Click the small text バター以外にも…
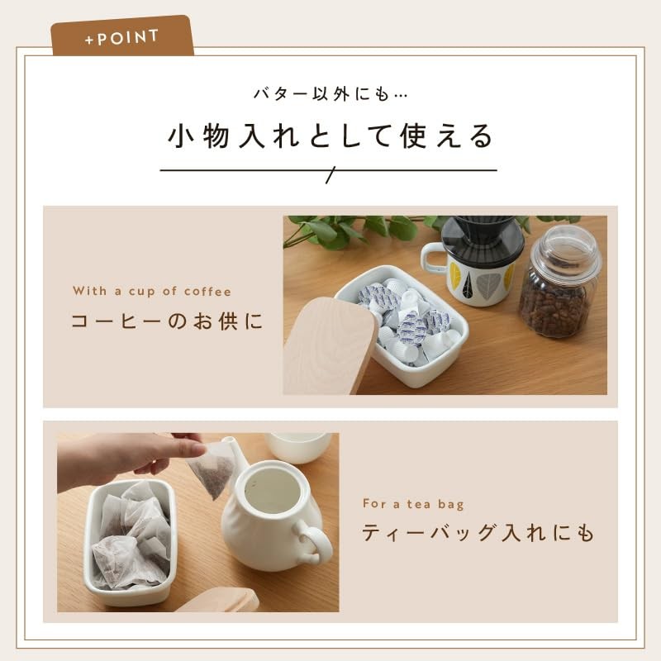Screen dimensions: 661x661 [x=330, y=93]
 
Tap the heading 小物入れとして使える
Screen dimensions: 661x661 [x=330, y=136]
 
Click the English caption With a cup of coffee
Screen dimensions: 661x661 [x=152, y=291]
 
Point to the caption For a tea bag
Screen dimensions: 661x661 [x=412, y=502]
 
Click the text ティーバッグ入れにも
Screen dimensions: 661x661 [x=478, y=533]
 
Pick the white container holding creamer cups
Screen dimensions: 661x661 [x=405, y=355]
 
